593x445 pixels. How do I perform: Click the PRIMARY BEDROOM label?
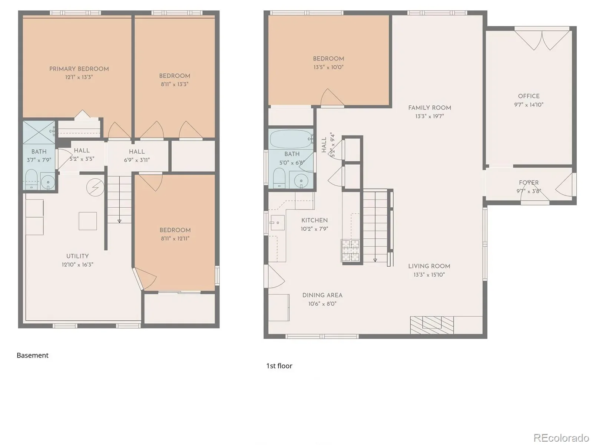(x=79, y=69)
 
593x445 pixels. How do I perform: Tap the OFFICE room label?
(x=529, y=96)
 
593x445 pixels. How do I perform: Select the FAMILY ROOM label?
(x=429, y=108)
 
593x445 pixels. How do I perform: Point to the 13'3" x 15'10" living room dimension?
(x=429, y=274)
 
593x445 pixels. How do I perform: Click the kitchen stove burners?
(x=350, y=250)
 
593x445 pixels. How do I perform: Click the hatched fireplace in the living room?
(x=432, y=325)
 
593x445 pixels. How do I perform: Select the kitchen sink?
(x=278, y=222)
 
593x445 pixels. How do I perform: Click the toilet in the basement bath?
(x=31, y=179)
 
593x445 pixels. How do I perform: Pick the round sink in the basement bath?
(x=48, y=181)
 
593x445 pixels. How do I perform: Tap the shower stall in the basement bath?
(x=39, y=132)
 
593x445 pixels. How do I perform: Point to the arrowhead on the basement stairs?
(x=119, y=221)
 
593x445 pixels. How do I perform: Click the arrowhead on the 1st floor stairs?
(x=375, y=260)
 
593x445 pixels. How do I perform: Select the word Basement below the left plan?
(x=32, y=355)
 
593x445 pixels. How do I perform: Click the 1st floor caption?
(x=279, y=366)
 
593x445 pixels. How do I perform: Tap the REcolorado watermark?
(x=561, y=438)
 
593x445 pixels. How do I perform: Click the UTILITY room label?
(x=77, y=256)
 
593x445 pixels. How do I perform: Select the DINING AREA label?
(x=322, y=295)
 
